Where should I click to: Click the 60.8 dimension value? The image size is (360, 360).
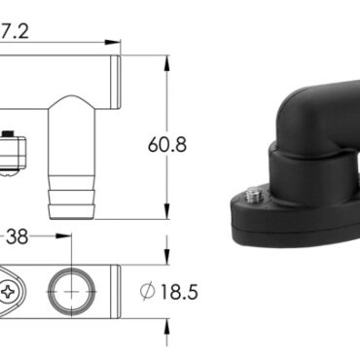[167, 145]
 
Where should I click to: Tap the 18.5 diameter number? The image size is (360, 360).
[179, 292]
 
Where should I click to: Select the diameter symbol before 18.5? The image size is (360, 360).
[148, 291]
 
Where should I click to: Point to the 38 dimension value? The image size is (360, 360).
[18, 236]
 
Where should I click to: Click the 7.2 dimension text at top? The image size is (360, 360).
[15, 31]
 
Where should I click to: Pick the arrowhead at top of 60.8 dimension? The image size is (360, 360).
[166, 63]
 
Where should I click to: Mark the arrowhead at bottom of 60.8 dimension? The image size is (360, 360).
[166, 212]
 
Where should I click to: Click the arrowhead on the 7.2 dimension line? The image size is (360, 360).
[112, 42]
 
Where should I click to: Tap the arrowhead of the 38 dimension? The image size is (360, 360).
[63, 235]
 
